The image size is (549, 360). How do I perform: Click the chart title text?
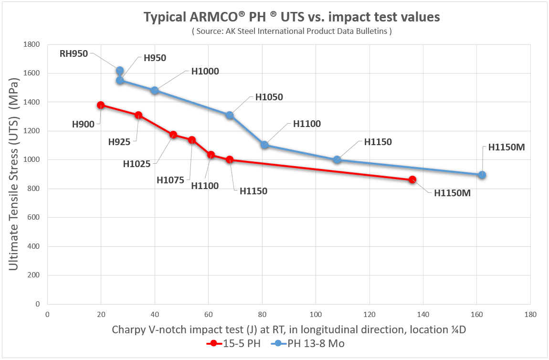(x=292, y=17)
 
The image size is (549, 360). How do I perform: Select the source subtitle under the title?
(x=292, y=32)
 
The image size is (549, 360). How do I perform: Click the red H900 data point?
(x=101, y=105)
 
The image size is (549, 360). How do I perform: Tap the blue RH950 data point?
(x=120, y=71)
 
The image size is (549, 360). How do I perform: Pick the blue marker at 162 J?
(x=482, y=175)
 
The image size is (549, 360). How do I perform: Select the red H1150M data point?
(x=412, y=180)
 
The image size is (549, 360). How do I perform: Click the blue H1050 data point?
(x=230, y=115)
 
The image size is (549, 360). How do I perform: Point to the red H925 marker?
(x=138, y=115)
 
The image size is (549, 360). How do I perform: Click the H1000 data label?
(x=205, y=71)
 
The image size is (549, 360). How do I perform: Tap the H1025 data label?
(x=137, y=164)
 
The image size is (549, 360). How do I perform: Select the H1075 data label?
(x=170, y=180)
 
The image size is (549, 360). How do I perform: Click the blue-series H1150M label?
(x=506, y=148)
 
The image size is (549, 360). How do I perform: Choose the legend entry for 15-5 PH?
(x=233, y=343)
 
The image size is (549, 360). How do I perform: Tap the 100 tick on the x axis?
(x=315, y=315)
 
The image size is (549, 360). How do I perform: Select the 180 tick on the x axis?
(x=530, y=315)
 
